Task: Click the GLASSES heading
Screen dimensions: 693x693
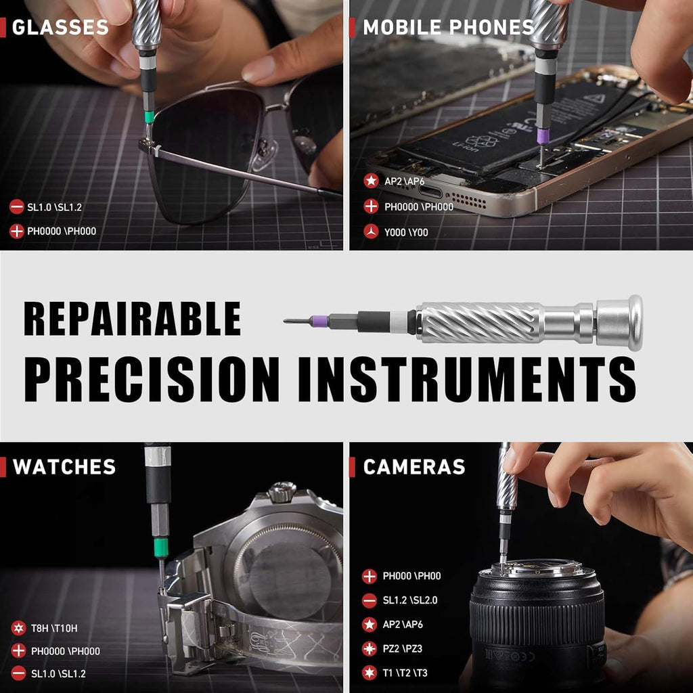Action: [x=60, y=28]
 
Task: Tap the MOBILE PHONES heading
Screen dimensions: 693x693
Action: [x=448, y=28]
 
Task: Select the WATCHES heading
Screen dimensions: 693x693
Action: [x=64, y=467]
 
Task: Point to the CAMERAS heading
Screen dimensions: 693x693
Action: [x=414, y=467]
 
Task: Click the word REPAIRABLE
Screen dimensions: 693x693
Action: [x=133, y=319]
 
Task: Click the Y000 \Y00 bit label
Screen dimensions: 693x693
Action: [x=406, y=232]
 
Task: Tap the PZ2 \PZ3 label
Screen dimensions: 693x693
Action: [x=402, y=648]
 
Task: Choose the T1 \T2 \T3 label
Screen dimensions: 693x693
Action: [x=405, y=673]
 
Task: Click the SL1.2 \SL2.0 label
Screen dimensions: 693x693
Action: [x=410, y=600]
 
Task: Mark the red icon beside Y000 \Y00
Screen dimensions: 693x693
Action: [x=371, y=232]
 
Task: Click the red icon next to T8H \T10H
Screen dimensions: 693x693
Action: [x=18, y=627]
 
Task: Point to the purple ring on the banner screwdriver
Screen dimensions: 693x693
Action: [x=319, y=321]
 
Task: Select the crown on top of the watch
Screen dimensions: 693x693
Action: [x=282, y=491]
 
